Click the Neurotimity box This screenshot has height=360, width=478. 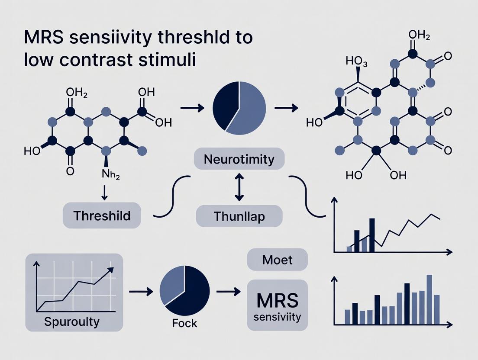(239, 159)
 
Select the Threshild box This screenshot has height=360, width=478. (102, 215)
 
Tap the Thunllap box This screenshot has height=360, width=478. (239, 216)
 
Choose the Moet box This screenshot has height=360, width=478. (277, 260)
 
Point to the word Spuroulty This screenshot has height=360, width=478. (72, 321)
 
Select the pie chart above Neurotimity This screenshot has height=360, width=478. (239, 108)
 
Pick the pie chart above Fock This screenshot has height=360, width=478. (185, 290)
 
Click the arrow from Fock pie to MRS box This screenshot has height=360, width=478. (228, 292)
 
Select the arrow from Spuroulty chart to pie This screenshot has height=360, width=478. (141, 292)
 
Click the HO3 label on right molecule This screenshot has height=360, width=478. (356, 62)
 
